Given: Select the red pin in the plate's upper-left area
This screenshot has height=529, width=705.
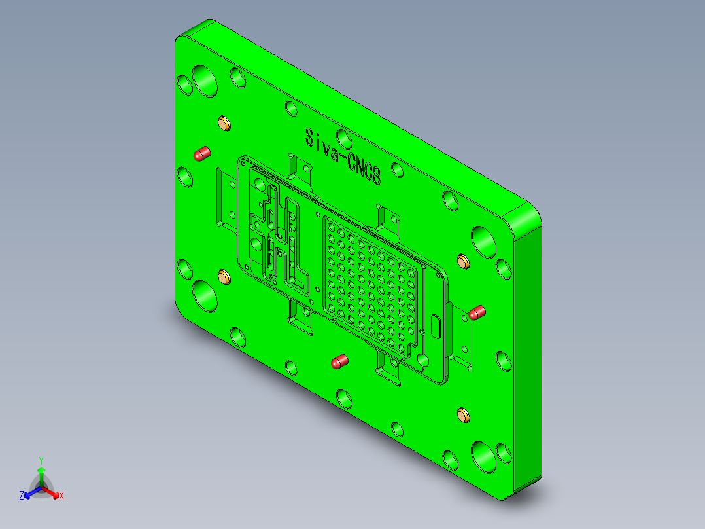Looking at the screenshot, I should (201, 155).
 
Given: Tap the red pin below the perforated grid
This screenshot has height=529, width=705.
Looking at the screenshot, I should (339, 361).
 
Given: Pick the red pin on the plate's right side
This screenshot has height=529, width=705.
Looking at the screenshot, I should (477, 312).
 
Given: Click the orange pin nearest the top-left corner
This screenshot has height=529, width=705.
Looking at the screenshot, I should (224, 123).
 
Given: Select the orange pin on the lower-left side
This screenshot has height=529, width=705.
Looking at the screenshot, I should (223, 276).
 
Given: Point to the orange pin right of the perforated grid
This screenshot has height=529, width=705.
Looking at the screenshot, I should (463, 262).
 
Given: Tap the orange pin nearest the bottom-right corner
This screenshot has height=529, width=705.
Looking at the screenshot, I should (463, 414).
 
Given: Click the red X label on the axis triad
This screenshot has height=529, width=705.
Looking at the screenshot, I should (61, 496).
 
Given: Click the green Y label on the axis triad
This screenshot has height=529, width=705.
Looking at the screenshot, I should (41, 460).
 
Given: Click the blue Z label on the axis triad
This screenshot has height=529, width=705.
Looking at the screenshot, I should (22, 496).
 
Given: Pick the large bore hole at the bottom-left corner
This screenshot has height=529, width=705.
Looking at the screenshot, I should (205, 296).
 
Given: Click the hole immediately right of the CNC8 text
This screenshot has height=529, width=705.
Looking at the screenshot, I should (397, 169).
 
